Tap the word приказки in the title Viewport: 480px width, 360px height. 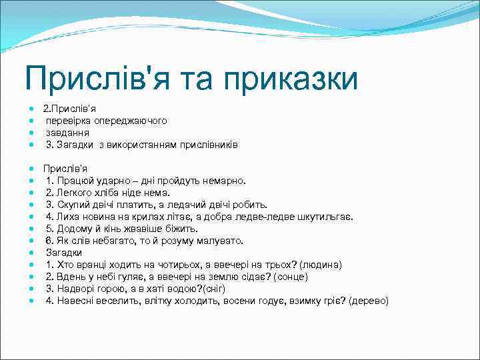tap(291, 79)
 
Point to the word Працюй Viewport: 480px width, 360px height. tap(73, 181)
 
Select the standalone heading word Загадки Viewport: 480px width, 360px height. tap(64, 253)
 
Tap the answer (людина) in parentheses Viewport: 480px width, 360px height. tap(323, 265)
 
